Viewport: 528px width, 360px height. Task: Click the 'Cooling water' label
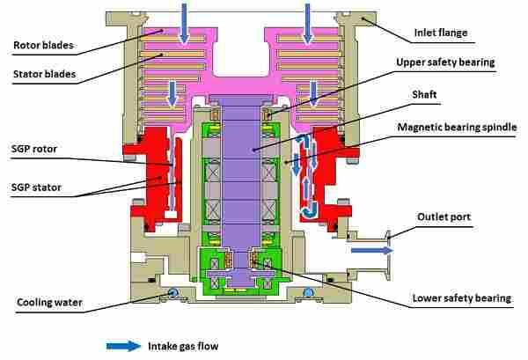click(49, 303)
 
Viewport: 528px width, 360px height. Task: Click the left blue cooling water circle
click(173, 292)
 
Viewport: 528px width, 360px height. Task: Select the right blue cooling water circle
click(308, 292)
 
